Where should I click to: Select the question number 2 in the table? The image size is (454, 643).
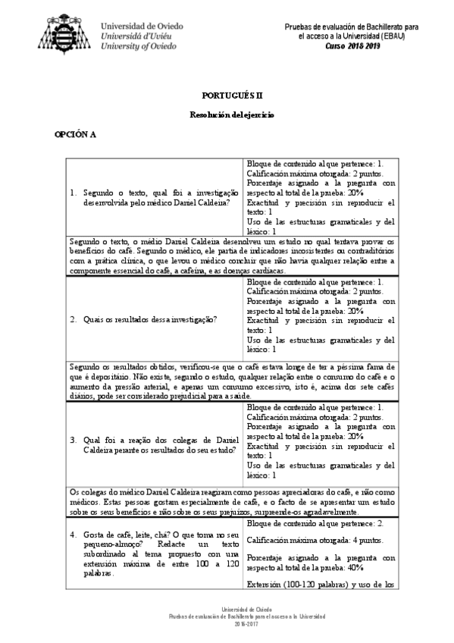pyautogui.click(x=72, y=319)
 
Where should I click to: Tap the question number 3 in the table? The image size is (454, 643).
pyautogui.click(x=72, y=440)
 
